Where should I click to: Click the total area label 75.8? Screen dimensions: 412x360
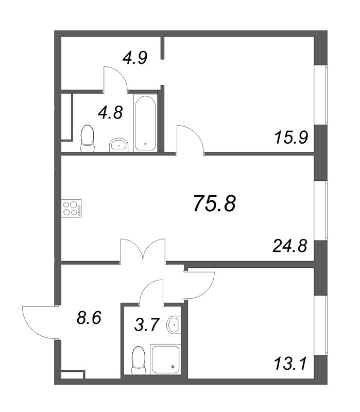(x=214, y=204)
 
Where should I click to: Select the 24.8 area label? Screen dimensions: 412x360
(x=289, y=246)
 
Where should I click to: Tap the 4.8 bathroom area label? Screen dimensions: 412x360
(x=111, y=112)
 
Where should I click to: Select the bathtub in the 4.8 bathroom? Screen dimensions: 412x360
(x=145, y=122)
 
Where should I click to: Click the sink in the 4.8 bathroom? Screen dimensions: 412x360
(x=120, y=145)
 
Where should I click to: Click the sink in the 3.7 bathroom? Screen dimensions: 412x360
(x=174, y=324)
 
